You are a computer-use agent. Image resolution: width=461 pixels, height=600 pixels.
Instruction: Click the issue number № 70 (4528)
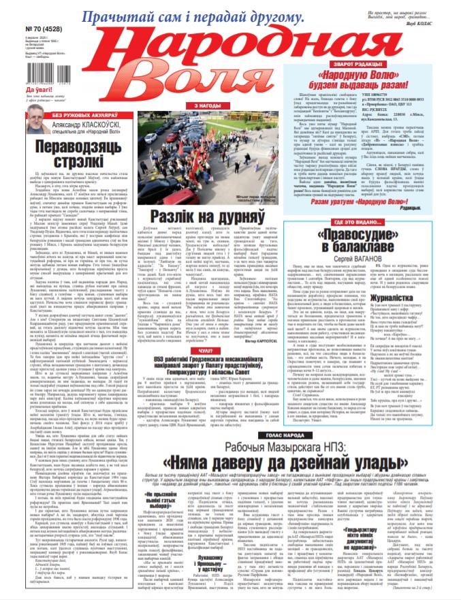[x=20, y=30]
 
